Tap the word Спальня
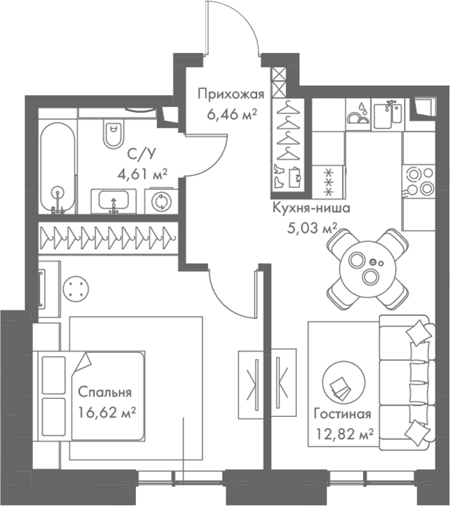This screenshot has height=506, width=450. point(104,392)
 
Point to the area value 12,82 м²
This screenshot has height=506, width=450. point(340,434)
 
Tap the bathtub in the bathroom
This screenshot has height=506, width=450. point(57,168)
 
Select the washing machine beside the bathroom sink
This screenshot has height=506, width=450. point(161,201)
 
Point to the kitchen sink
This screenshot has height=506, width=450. point(389,114)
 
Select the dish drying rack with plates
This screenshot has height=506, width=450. point(359,114)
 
